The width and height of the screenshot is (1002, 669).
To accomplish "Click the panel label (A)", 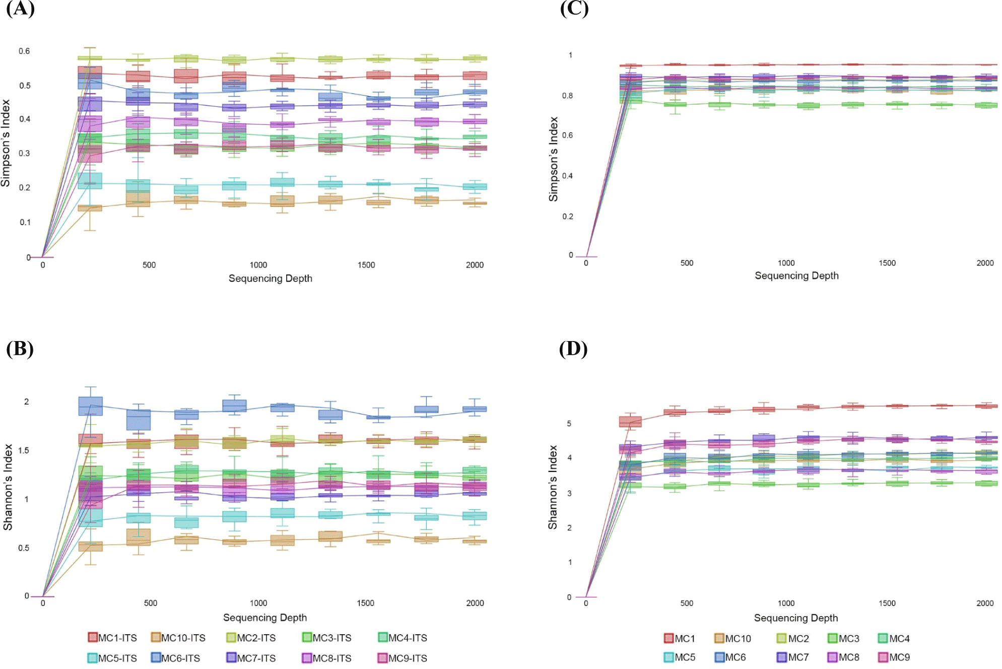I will pos(20,9).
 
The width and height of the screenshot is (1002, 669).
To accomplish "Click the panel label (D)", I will pos(573,349).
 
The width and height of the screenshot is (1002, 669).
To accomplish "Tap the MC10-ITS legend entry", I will pos(178,638).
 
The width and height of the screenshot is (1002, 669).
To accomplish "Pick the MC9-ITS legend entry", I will pos(403,658).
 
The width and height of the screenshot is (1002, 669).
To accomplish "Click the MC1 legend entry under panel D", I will pos(680,638).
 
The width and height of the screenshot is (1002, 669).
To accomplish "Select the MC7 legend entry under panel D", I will pos(793,657).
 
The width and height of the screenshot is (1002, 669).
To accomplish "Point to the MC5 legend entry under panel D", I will pos(680,657).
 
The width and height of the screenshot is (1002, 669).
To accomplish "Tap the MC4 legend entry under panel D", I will pos(894,638).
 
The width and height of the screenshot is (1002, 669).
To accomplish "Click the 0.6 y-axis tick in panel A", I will pos(24,51).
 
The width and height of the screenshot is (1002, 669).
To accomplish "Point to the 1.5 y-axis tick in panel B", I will pos(24,450).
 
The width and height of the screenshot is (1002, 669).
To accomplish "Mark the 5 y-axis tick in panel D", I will pos(569,424).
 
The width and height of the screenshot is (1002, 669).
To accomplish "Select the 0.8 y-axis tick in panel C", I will pos(567,96).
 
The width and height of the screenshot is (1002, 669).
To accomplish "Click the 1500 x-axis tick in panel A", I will pos(366,265).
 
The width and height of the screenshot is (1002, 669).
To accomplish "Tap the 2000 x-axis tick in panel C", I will pos(985,263).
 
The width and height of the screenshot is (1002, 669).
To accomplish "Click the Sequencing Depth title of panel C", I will pos(796,276).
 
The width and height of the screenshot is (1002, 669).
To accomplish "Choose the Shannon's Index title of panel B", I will pos(8,487).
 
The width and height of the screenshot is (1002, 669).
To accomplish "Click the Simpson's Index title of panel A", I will pos(6,143).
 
